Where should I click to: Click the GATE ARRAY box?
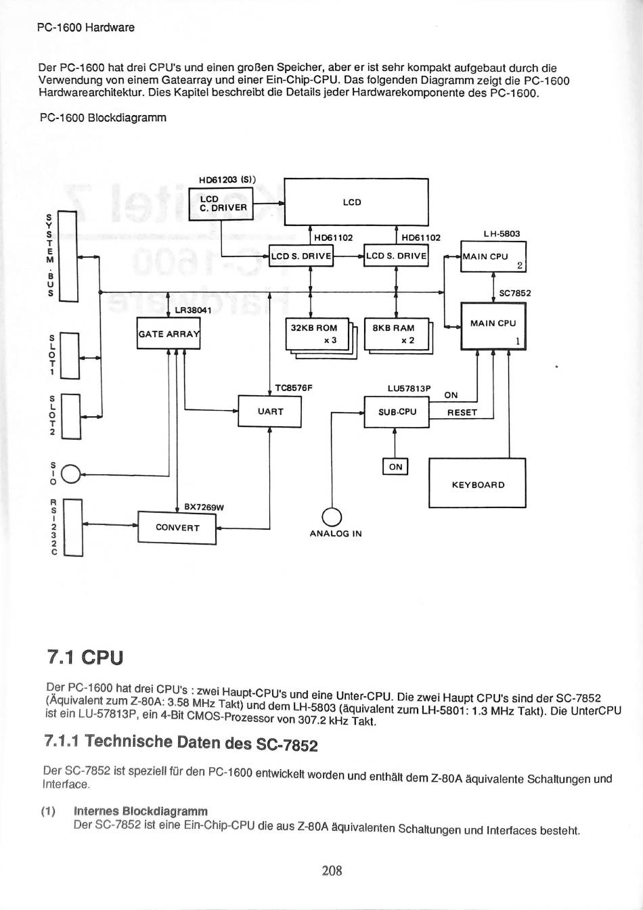coord(169,334)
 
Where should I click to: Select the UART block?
coord(270,411)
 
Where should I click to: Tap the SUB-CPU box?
coord(397,412)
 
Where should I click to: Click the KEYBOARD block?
coord(478,483)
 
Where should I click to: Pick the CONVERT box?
coord(177,528)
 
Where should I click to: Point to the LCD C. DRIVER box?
coord(221,205)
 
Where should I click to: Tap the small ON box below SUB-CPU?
coord(395,466)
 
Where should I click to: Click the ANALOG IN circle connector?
coord(332,518)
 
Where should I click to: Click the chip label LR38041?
coord(193,311)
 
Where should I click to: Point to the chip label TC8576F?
coord(294,388)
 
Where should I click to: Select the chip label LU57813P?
coord(409,388)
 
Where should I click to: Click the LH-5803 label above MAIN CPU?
coord(502,233)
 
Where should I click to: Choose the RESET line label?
coord(462,413)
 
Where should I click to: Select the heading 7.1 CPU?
coord(85,658)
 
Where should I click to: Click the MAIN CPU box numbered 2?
coord(493,256)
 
